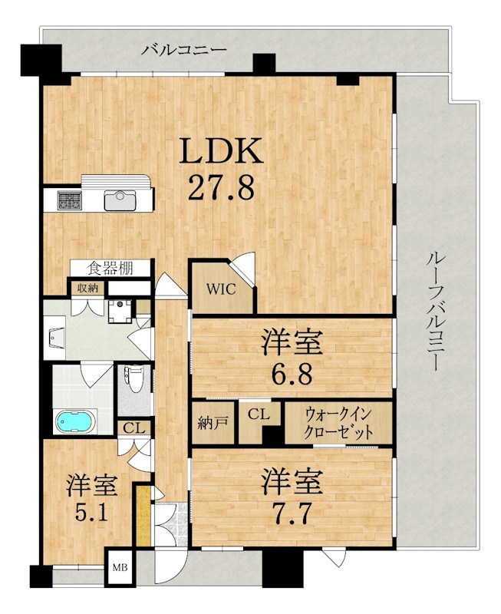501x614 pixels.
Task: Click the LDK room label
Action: [x=221, y=151]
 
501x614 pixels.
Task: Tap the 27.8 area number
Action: [x=221, y=187]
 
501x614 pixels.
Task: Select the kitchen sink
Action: [x=120, y=200]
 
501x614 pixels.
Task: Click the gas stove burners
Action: [x=70, y=200]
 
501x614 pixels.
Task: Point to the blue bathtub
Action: [x=75, y=421]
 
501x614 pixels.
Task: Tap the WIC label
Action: [x=221, y=289]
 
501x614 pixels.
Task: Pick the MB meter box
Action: [x=120, y=567]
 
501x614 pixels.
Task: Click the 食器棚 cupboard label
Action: [x=110, y=269]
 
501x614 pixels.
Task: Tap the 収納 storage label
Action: [x=87, y=289]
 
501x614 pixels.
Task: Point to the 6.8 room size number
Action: [x=292, y=374]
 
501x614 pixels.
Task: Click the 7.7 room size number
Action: [x=292, y=513]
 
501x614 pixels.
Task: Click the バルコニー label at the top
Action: [x=184, y=50]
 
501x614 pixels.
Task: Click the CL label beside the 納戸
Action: [x=259, y=414]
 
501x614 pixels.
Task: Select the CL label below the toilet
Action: [x=134, y=428]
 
